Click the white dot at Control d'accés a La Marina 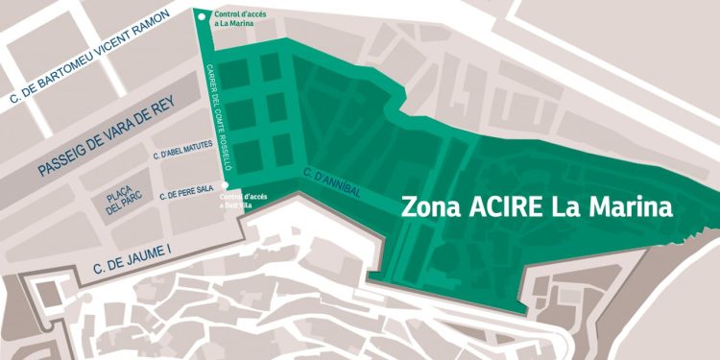[200, 14]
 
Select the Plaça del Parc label [123, 204]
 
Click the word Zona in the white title [427, 206]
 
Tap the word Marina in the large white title [628, 206]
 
